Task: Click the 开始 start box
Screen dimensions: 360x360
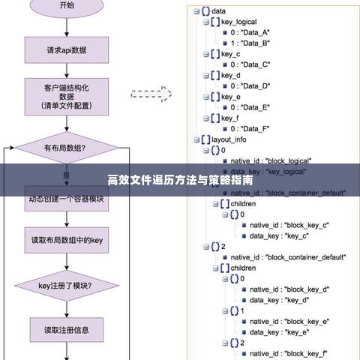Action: coord(66,6)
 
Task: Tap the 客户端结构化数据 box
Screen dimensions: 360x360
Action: coord(67,97)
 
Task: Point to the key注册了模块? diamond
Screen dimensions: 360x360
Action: coord(66,286)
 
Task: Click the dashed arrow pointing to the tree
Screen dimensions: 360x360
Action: coord(151,94)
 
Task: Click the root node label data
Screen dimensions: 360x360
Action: coord(219,11)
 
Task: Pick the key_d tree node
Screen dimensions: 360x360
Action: coord(231,76)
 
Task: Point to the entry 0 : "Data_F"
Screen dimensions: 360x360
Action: coord(249,129)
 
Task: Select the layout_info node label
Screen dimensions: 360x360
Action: coord(229,139)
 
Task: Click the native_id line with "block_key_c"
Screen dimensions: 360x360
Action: coord(289,225)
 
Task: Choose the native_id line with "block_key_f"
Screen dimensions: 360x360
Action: coord(289,353)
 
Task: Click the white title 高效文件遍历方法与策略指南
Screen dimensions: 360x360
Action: coord(180,181)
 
